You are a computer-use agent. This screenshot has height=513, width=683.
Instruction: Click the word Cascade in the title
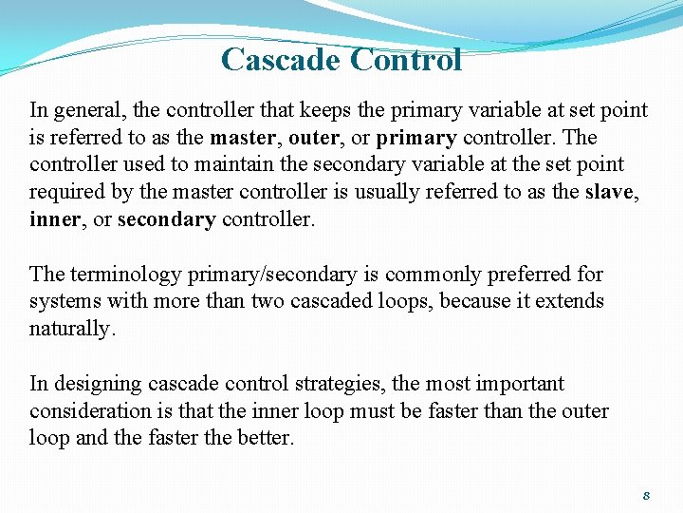(281, 60)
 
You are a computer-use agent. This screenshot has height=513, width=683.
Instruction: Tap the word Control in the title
(405, 60)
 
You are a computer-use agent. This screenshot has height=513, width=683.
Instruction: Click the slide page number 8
(645, 496)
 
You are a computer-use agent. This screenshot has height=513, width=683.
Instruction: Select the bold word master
(243, 138)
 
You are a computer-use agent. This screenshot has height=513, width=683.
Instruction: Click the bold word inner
(52, 219)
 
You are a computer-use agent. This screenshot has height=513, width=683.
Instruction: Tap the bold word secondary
(166, 219)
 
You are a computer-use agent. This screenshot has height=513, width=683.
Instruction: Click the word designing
(96, 385)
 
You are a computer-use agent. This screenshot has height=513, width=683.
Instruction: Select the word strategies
(341, 385)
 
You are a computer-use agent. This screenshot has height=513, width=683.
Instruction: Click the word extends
(568, 302)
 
